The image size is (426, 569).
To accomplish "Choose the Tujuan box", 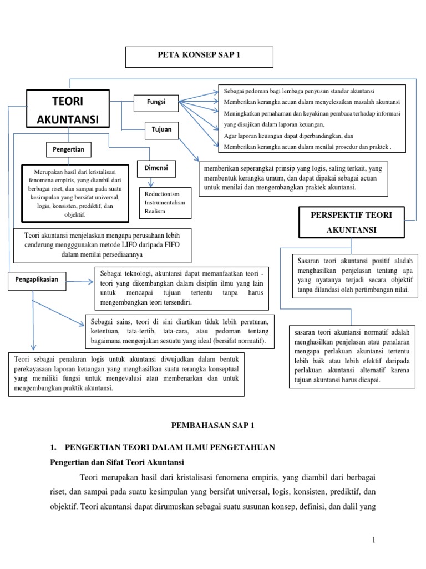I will pos(161,129).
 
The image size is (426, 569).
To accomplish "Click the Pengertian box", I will pos(68,149).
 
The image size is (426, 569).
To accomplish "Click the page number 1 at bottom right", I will pos(374,540).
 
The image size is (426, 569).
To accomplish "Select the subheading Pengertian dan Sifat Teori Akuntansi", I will pos(117,462).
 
